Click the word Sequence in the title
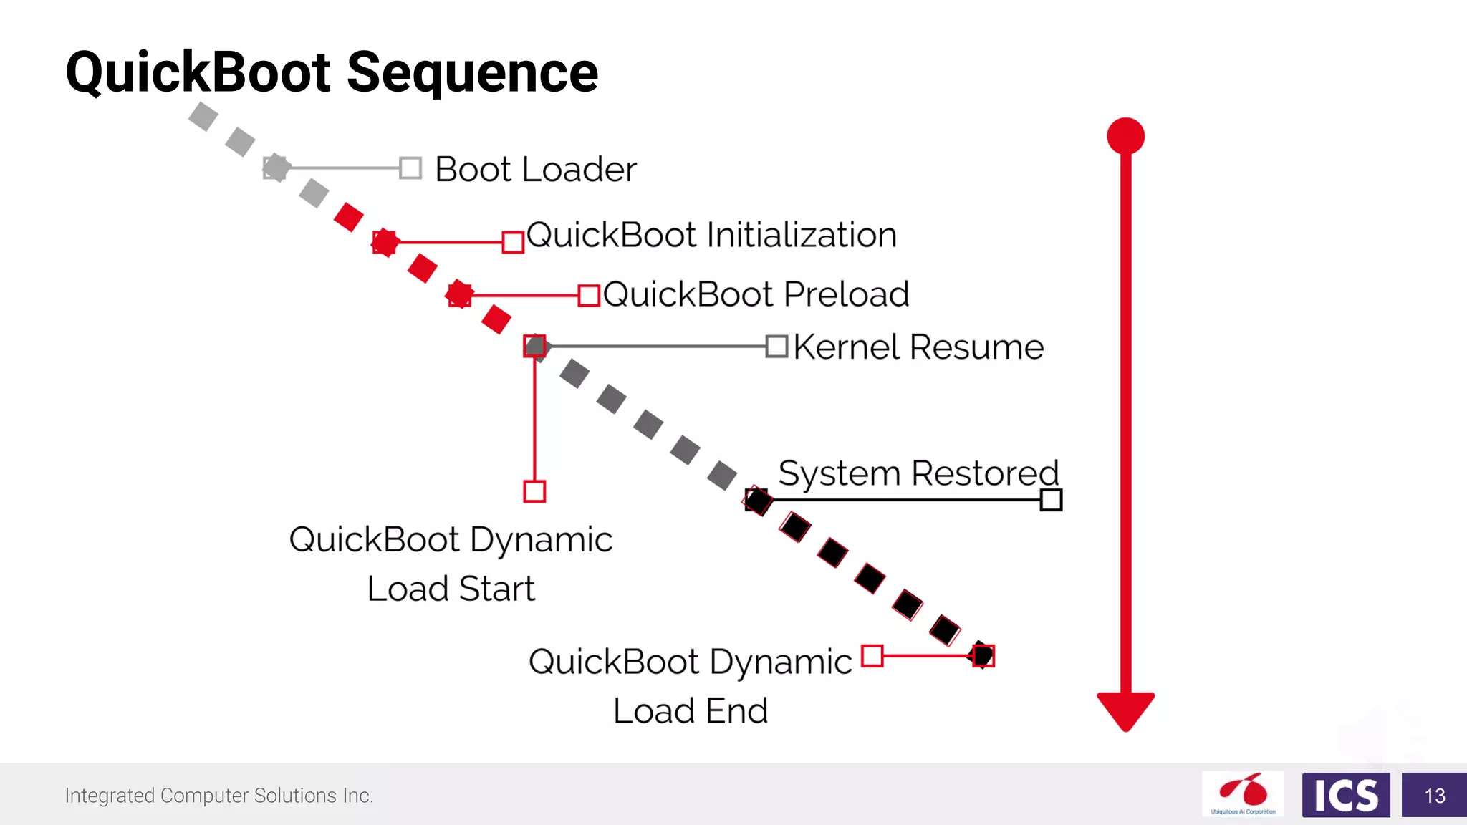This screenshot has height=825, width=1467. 473,73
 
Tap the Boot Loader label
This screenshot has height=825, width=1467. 535,170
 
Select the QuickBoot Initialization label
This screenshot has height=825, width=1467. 711,236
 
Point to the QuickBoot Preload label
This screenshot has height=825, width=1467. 756,294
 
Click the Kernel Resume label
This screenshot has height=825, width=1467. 918,347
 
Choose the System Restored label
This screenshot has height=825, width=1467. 918,473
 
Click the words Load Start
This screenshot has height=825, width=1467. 451,589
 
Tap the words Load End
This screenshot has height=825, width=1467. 691,711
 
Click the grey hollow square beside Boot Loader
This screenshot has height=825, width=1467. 410,168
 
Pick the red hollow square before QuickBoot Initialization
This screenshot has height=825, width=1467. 513,242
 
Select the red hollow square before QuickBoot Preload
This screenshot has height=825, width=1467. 589,295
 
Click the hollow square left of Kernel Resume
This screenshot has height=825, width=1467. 776,347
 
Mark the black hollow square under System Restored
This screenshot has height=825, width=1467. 1051,500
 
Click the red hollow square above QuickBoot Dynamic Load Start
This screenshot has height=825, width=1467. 534,491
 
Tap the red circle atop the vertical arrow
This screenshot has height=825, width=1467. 1125,136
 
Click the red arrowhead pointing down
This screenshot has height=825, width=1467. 1125,709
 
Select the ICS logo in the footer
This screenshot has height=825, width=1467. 1345,795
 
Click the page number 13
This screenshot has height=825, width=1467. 1434,796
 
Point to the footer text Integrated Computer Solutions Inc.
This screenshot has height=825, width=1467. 219,796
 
